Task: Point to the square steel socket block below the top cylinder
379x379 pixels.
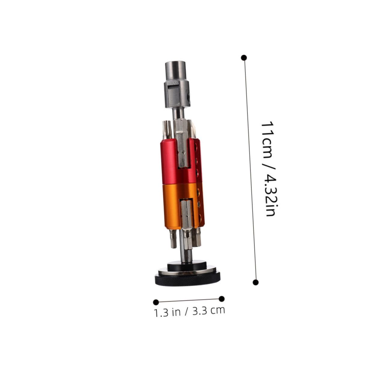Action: click(x=177, y=93)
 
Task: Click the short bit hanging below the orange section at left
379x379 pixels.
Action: click(x=173, y=239)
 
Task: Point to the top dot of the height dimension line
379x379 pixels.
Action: click(x=244, y=58)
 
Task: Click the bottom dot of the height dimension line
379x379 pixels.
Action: click(x=256, y=282)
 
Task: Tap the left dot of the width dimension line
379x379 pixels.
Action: click(x=156, y=302)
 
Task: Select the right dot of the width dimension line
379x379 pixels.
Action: click(x=222, y=299)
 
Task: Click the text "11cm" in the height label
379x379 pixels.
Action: click(x=266, y=140)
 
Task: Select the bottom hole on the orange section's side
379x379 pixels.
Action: click(x=200, y=217)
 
